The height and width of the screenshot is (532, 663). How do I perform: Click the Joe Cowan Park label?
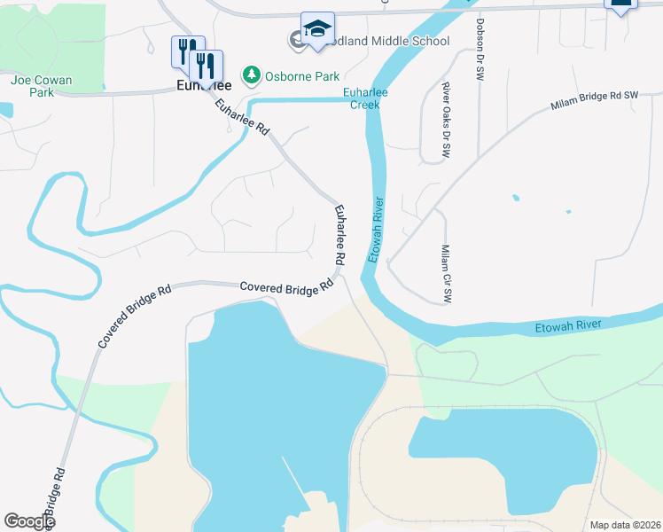(x=42, y=86)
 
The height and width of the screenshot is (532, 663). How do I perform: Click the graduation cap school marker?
(x=317, y=29)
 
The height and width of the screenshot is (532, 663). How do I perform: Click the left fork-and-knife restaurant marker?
(x=187, y=51)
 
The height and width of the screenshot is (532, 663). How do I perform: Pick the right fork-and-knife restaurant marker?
(x=206, y=66)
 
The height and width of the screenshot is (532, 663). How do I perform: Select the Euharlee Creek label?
(x=363, y=98)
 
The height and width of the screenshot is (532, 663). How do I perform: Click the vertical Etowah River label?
(x=378, y=228)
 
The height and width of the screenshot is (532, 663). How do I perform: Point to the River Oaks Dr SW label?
(x=445, y=121)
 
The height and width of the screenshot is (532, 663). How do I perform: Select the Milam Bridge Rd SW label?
(x=594, y=99)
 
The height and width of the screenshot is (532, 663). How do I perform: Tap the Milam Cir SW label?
(x=446, y=274)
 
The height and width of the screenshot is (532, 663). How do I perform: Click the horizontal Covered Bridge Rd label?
(x=285, y=287)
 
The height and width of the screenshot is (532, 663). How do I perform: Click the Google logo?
(x=29, y=521)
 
